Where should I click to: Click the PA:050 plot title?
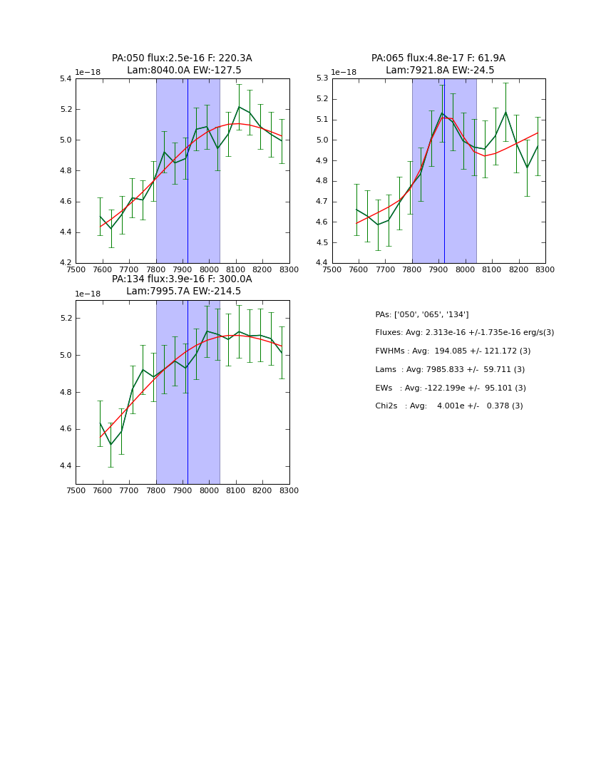182,64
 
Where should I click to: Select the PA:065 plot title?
438,64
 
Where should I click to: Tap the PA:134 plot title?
182,285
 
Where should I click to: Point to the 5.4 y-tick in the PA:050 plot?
66,78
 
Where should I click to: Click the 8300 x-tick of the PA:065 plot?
545,269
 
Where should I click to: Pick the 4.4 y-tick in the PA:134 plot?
66,466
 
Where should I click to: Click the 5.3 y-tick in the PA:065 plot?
322,78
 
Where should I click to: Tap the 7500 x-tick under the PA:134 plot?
76,490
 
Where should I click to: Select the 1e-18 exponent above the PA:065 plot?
344,72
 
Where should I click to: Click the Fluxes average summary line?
464,333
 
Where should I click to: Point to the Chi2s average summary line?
448,406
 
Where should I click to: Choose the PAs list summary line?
421,315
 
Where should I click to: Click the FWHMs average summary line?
453,351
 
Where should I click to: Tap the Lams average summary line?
450,370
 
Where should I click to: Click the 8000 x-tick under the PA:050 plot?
209,269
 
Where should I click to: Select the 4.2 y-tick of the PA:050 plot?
66,263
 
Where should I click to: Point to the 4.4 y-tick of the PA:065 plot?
322,263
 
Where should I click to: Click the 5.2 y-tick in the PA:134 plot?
66,318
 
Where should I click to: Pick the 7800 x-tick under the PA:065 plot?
412,269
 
